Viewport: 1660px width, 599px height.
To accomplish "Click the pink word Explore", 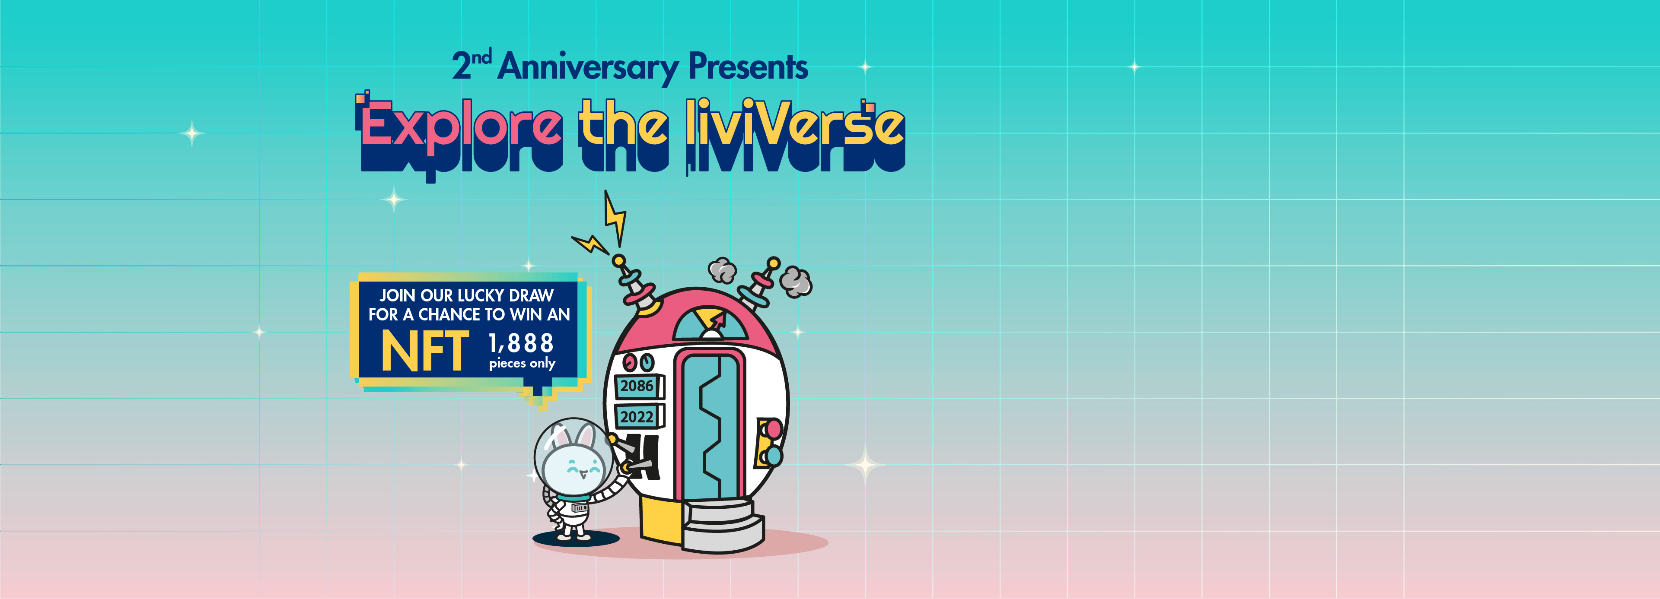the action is point(461,126).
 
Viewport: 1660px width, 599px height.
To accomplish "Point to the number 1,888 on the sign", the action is point(521,343).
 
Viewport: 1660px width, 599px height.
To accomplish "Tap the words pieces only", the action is point(522,363).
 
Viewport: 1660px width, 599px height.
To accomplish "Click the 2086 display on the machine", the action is point(637,386).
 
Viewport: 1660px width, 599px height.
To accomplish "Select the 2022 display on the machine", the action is point(637,417).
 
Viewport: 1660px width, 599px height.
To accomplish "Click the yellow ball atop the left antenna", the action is point(618,261).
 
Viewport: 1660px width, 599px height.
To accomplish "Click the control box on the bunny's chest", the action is point(579,508).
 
